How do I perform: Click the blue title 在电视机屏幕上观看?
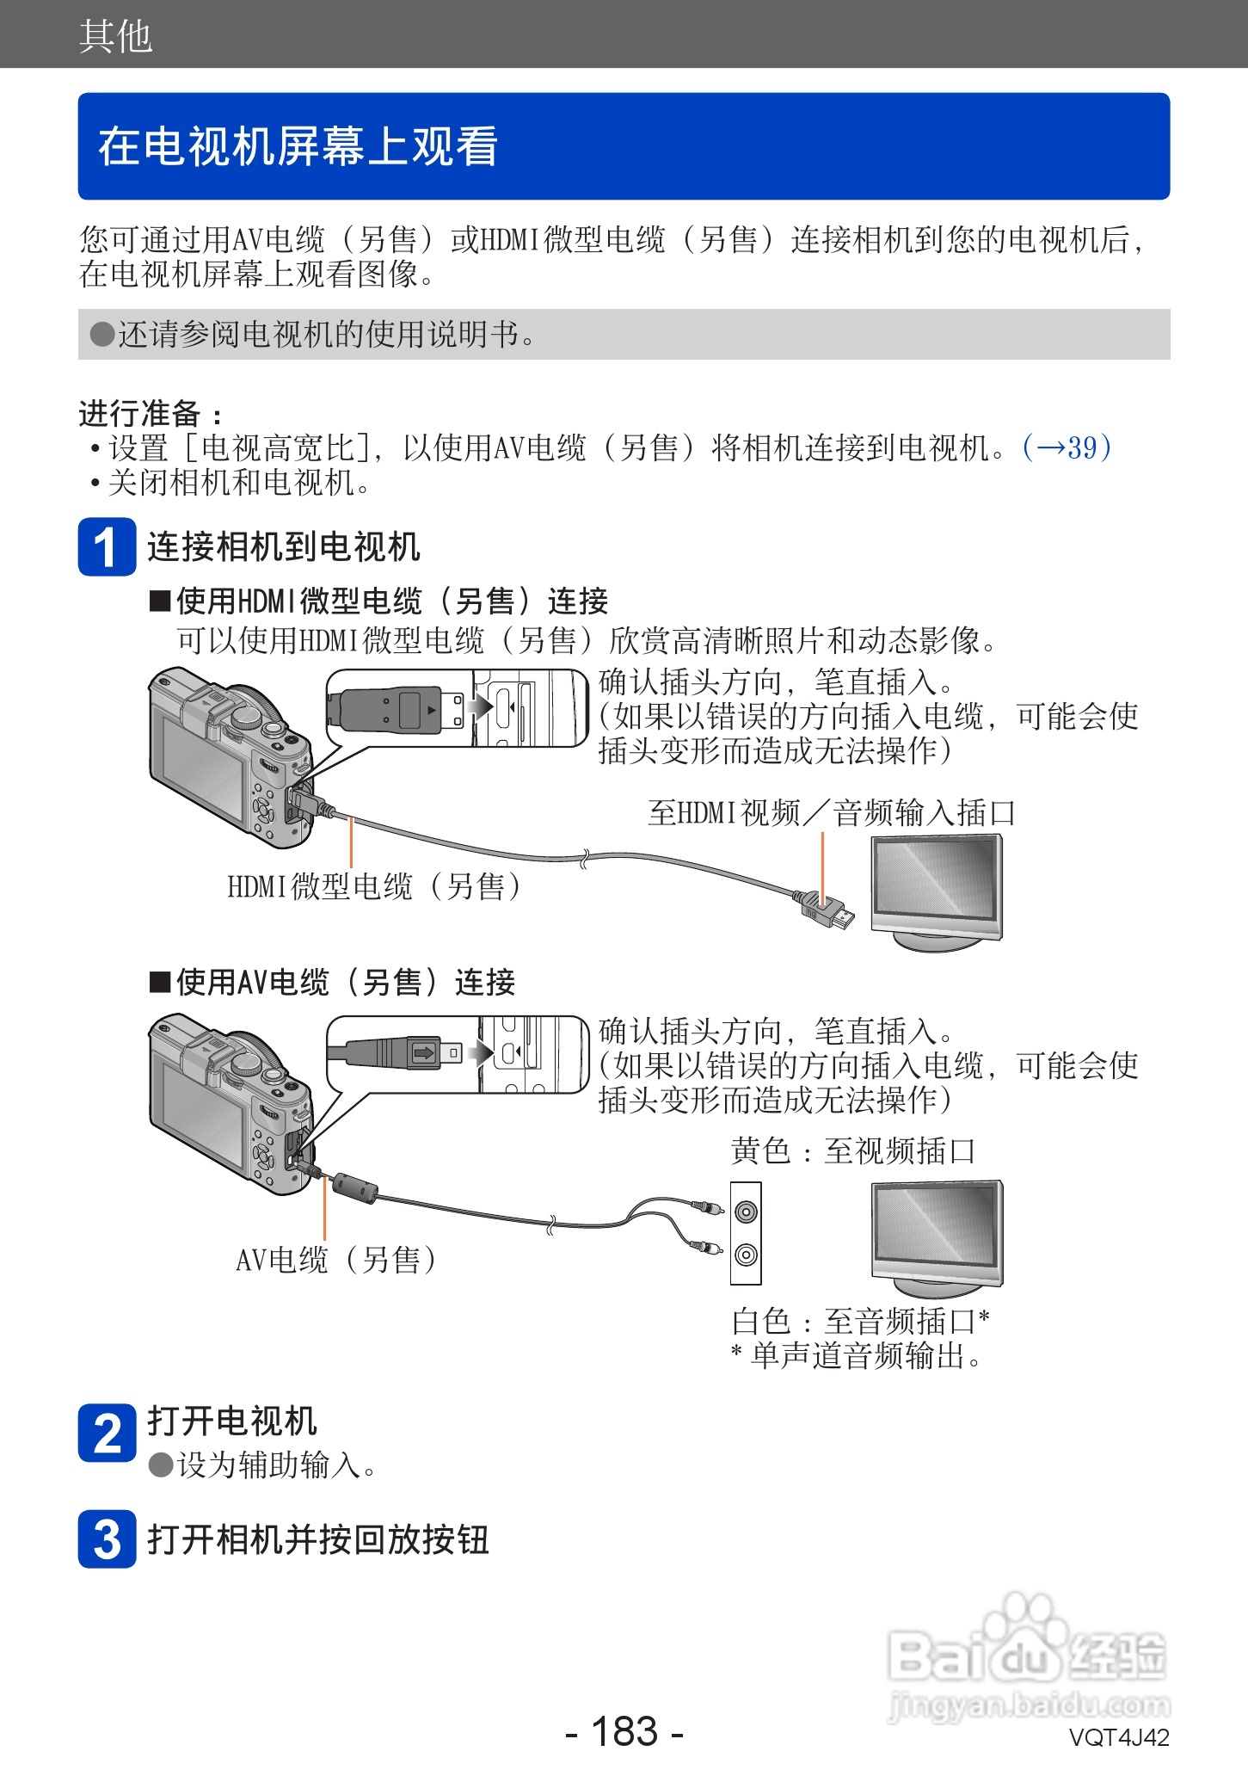pyautogui.click(x=298, y=146)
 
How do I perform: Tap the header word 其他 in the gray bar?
pyautogui.click(x=115, y=36)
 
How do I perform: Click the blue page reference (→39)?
pyautogui.click(x=1067, y=447)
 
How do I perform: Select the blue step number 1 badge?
pyautogui.click(x=107, y=547)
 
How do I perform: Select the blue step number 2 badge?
pyautogui.click(x=107, y=1433)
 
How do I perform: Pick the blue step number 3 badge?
pyautogui.click(x=107, y=1539)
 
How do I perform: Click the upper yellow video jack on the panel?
pyautogui.click(x=746, y=1212)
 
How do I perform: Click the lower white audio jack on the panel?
pyautogui.click(x=746, y=1255)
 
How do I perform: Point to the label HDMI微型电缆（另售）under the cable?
pyautogui.click(x=375, y=886)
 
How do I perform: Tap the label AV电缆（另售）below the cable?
pyautogui.click(x=336, y=1261)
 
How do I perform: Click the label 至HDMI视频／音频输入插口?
pyautogui.click(x=831, y=812)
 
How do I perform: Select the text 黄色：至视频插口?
pyautogui.click(x=852, y=1151)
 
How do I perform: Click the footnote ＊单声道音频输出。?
pyautogui.click(x=856, y=1356)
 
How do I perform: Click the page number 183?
pyautogui.click(x=624, y=1731)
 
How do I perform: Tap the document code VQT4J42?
pyautogui.click(x=1118, y=1738)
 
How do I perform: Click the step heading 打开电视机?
pyautogui.click(x=232, y=1421)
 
